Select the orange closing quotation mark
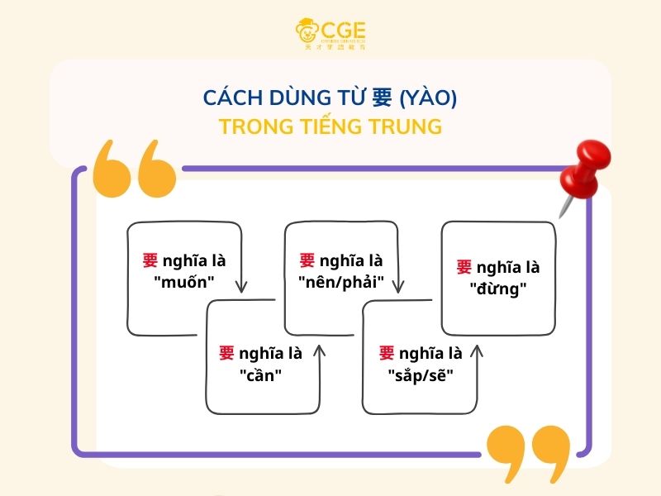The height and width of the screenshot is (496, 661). (528, 455)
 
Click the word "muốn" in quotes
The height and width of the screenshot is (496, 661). (184, 282)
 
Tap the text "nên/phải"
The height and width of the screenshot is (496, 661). (341, 282)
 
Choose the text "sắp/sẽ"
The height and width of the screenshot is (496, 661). (421, 374)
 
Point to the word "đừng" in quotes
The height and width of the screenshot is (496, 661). (498, 289)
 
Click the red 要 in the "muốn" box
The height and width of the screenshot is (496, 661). (150, 261)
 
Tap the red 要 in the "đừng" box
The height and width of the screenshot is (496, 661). (464, 267)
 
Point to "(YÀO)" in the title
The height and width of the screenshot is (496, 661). (428, 98)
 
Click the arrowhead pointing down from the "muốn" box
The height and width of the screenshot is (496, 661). (240, 287)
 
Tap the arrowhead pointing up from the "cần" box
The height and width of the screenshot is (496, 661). (320, 351)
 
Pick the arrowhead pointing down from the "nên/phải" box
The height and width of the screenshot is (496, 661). (397, 287)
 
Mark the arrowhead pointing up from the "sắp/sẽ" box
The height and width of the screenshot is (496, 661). (477, 351)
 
